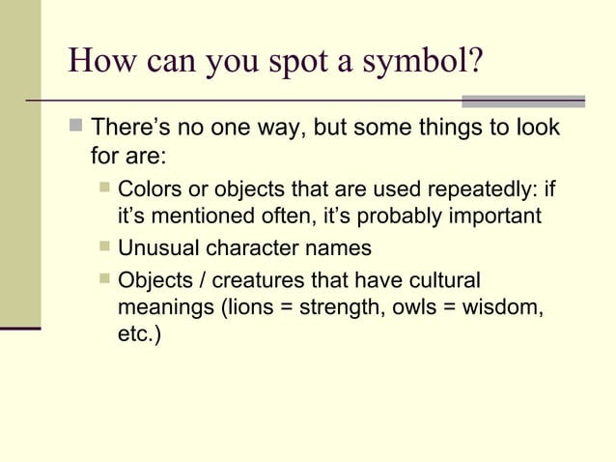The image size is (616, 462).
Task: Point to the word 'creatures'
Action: pos(263,281)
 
